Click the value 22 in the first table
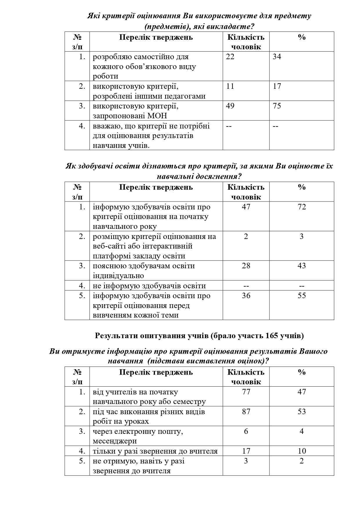[230, 57]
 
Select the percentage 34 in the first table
[277, 57]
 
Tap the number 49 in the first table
[230, 106]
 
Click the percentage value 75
[277, 106]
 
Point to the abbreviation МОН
[157, 116]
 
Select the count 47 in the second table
[246, 207]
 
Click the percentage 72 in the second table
[302, 207]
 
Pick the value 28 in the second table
[246, 266]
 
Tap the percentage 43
[302, 266]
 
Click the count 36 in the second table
[246, 296]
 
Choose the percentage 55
[302, 296]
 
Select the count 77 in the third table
[246, 392]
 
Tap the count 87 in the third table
[246, 412]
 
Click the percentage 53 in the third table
[302, 412]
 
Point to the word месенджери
[115, 441]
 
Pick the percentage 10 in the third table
[302, 451]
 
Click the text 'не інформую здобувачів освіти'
[149, 286]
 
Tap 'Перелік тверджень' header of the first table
[156, 37]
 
